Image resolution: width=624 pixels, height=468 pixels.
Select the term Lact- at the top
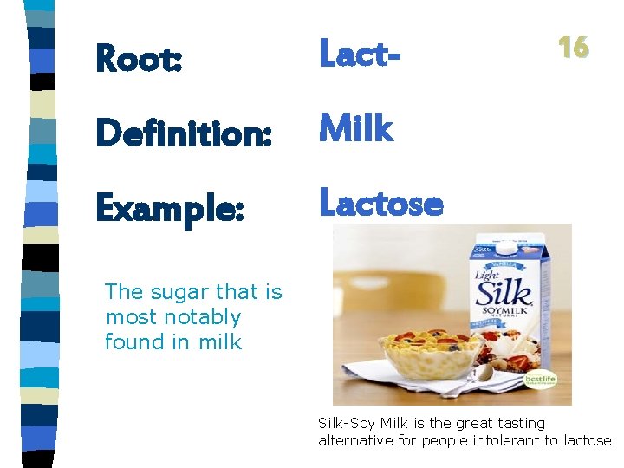coord(361,54)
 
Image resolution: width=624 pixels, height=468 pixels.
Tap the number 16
coord(573,47)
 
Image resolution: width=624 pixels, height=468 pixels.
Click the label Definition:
coord(184,133)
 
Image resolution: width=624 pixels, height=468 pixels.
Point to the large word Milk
coord(356,129)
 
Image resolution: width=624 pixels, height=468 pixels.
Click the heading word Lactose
coord(381,204)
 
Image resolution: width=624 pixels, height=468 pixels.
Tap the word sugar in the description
coord(179,292)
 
